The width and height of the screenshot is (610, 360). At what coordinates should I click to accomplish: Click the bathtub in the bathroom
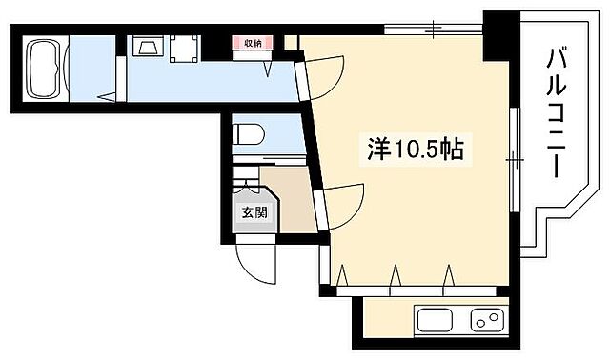tap(44, 67)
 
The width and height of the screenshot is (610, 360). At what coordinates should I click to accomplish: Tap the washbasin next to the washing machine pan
tap(147, 48)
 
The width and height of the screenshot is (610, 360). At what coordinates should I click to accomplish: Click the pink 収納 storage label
tap(251, 42)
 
